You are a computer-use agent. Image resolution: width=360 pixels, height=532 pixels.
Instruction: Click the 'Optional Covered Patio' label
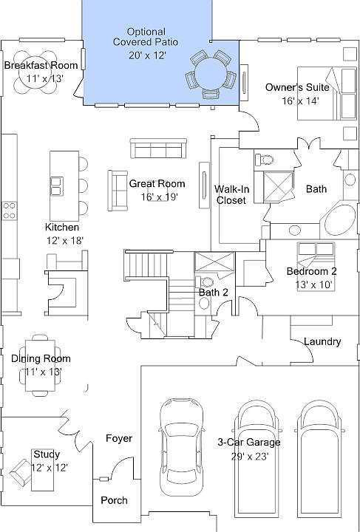click(146, 37)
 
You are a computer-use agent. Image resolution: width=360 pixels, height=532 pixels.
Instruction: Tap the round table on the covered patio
click(211, 74)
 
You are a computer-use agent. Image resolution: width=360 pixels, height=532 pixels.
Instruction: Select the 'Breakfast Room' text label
click(41, 65)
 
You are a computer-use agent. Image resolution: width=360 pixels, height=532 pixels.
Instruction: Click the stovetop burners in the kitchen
click(10, 211)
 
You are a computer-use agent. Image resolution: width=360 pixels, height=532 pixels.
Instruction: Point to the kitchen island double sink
click(57, 186)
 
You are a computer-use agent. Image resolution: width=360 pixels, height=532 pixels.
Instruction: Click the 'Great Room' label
click(157, 184)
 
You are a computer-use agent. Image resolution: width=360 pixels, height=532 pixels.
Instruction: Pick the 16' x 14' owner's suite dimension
click(300, 100)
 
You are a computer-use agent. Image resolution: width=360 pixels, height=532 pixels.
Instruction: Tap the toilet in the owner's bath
click(265, 159)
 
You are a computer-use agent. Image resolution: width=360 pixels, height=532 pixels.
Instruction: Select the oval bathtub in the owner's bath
click(339, 220)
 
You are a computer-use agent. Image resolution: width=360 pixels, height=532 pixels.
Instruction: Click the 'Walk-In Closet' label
click(231, 194)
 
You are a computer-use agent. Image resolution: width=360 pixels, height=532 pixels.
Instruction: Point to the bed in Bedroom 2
click(316, 265)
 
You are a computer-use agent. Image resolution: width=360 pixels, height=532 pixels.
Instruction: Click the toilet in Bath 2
click(205, 282)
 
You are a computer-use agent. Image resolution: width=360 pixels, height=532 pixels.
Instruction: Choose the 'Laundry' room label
click(322, 341)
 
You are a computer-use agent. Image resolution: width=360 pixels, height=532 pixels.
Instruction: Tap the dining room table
click(40, 365)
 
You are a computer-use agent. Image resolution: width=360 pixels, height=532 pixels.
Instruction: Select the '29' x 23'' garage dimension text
click(250, 457)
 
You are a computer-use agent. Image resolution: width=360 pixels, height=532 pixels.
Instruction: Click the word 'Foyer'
click(119, 438)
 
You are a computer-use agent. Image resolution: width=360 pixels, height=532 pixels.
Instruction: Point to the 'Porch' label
click(115, 500)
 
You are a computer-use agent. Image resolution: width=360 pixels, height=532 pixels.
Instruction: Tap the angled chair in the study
click(21, 472)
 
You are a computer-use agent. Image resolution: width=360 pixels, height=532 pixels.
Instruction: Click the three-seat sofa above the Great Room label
click(158, 149)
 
